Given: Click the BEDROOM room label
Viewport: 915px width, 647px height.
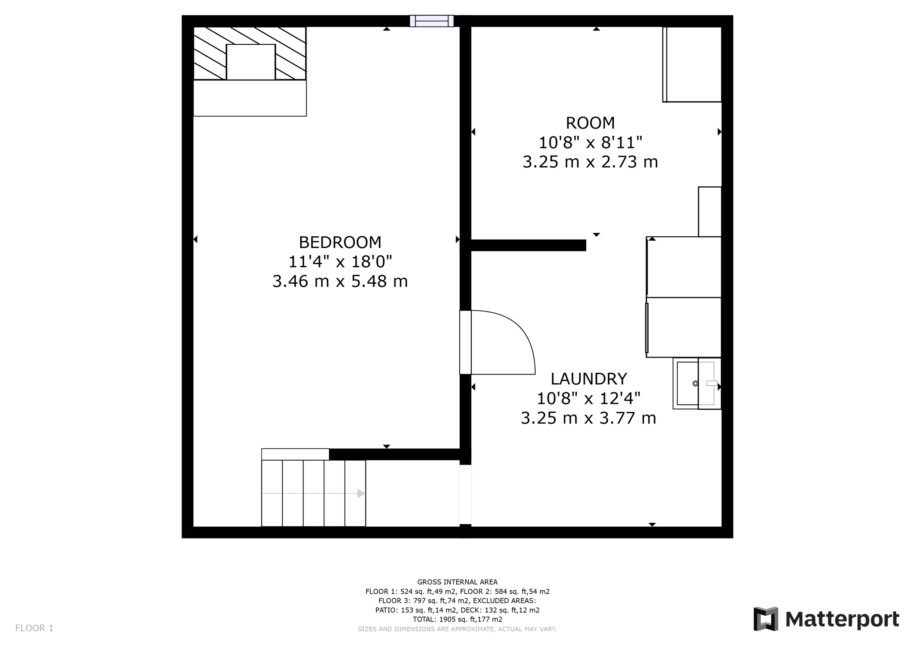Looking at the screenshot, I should [x=340, y=243].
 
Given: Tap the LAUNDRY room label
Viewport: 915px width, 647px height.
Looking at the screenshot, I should [x=588, y=379].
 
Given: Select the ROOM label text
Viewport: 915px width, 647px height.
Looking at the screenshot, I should [x=590, y=123].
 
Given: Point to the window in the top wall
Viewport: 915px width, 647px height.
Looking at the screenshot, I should [x=432, y=21].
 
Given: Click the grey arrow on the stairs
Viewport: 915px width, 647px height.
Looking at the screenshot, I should [x=361, y=493].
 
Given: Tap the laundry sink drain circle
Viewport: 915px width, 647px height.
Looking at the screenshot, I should [x=695, y=383].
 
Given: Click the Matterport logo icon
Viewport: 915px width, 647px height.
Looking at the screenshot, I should [x=766, y=619].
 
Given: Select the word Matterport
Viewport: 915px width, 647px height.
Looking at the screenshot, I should [x=842, y=620].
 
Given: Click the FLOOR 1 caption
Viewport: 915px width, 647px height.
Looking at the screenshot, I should [x=34, y=628].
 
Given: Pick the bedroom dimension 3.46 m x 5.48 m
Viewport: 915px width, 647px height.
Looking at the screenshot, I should [x=340, y=281].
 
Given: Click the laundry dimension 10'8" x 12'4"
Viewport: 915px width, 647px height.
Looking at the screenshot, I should [x=588, y=398].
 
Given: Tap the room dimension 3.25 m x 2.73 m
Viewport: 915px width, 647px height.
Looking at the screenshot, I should [x=590, y=162].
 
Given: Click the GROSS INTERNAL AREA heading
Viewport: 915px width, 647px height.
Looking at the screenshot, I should [x=457, y=582].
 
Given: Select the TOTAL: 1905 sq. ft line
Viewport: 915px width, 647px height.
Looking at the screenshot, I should [x=457, y=619].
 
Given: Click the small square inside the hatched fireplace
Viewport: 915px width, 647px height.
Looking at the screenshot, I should [x=251, y=62].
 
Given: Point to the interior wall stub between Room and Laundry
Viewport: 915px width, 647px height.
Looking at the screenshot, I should [x=528, y=245].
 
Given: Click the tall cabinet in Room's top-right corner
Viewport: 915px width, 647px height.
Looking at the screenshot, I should [x=693, y=64].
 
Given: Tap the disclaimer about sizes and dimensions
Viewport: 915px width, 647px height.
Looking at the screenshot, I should [x=457, y=629].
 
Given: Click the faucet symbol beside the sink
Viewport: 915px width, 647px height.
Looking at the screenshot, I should [x=712, y=383].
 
